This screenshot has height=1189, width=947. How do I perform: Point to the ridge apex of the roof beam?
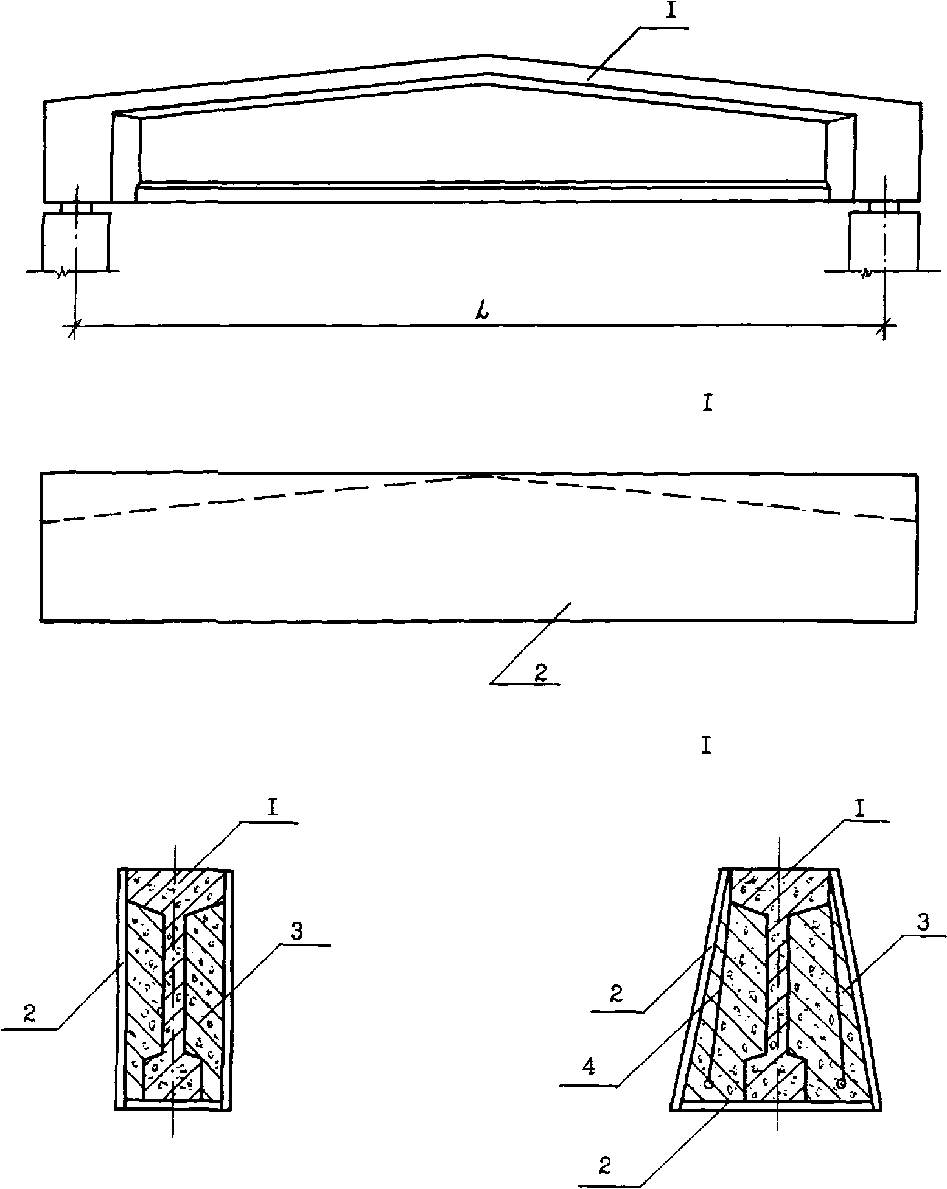click(484, 55)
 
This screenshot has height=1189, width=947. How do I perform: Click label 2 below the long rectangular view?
click(540, 672)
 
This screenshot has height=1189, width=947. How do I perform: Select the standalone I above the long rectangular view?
click(707, 405)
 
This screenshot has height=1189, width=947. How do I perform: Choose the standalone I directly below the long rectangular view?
click(706, 746)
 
